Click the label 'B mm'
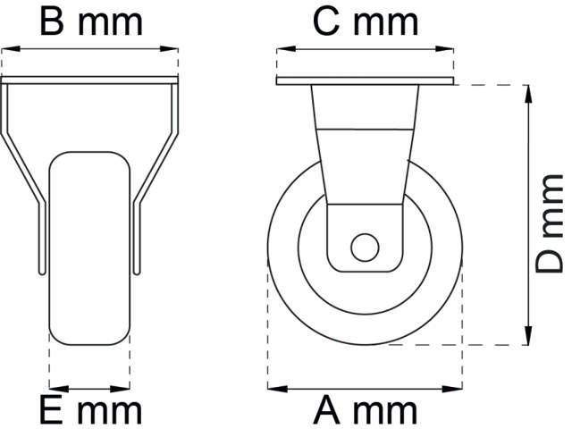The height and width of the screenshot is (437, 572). (x=91, y=22)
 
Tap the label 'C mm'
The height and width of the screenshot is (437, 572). (x=366, y=22)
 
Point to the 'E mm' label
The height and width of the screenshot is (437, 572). (x=90, y=412)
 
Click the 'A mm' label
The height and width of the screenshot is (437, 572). (x=366, y=412)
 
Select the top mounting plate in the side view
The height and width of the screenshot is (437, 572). (x=366, y=82)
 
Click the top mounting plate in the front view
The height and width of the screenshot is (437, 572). (x=90, y=80)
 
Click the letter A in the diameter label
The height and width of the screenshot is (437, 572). (x=329, y=412)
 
